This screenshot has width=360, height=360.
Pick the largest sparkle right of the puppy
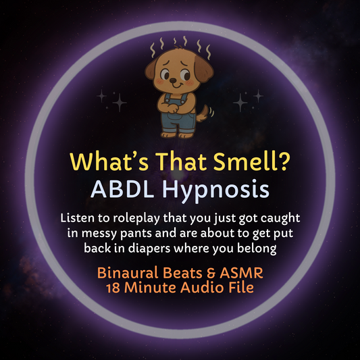tap(240, 103)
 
